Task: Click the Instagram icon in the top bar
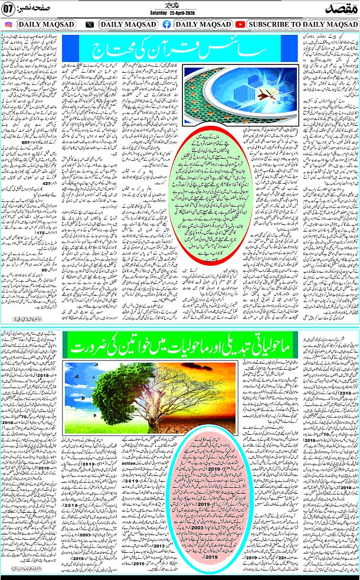point(8,24)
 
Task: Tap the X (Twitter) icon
point(90,24)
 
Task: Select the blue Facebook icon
point(166,24)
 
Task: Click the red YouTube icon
point(240,24)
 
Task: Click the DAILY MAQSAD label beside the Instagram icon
point(46,24)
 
